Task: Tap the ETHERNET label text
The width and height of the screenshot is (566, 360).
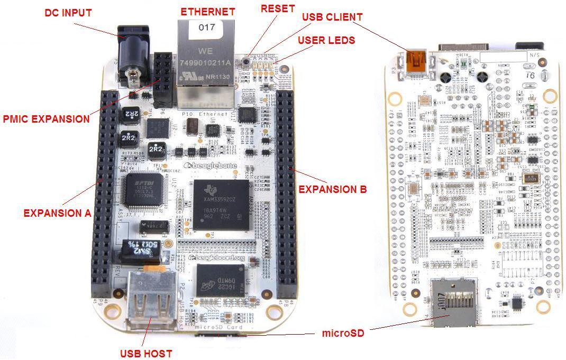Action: [207, 12]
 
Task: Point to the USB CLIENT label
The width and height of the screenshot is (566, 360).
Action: [332, 17]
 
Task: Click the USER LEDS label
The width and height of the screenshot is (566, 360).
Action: [326, 40]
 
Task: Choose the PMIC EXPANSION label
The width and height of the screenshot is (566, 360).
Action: [46, 119]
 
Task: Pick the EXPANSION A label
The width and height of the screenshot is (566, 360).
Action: [57, 213]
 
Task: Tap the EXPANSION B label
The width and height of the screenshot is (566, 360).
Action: [333, 189]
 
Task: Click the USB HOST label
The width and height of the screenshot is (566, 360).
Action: [146, 353]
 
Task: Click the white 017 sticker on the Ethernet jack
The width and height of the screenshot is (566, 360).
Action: [207, 27]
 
